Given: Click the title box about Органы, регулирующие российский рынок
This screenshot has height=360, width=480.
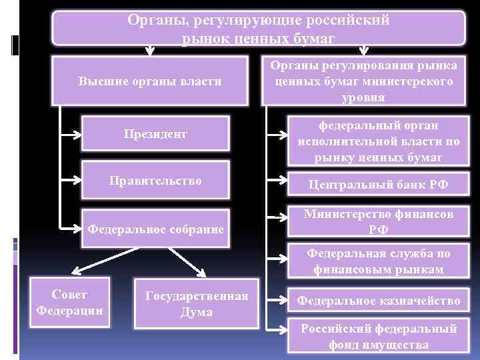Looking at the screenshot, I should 258,29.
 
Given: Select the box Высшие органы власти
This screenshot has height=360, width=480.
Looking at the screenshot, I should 149,81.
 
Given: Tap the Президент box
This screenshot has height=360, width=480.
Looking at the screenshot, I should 155,135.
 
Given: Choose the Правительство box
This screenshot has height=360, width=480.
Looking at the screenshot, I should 155,181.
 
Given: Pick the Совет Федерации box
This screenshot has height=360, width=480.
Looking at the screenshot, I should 69,303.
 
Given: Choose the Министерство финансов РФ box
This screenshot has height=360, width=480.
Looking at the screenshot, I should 378,223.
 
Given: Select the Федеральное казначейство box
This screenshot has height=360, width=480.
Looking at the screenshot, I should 378,301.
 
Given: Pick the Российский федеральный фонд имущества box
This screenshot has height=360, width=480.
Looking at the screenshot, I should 378,337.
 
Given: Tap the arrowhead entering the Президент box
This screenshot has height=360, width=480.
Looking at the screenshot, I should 73,135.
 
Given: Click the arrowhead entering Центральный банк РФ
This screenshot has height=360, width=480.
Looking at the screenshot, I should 272,179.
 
